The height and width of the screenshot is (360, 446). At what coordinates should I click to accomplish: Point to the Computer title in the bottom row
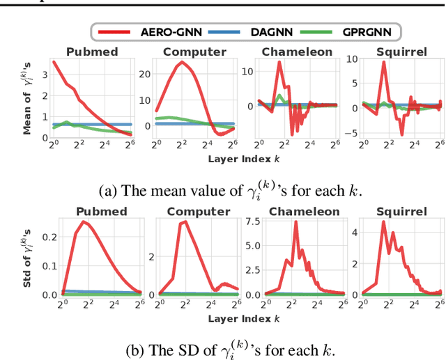point(194,211)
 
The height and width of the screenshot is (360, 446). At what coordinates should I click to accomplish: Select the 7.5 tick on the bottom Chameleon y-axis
point(252,222)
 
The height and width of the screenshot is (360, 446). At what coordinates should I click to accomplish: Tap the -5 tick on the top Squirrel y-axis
point(353,132)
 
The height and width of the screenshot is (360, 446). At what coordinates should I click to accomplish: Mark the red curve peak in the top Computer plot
point(183,62)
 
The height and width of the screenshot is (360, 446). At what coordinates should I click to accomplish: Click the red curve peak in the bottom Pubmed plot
point(84,222)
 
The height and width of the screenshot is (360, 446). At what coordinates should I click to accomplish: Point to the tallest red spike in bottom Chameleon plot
point(295,223)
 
